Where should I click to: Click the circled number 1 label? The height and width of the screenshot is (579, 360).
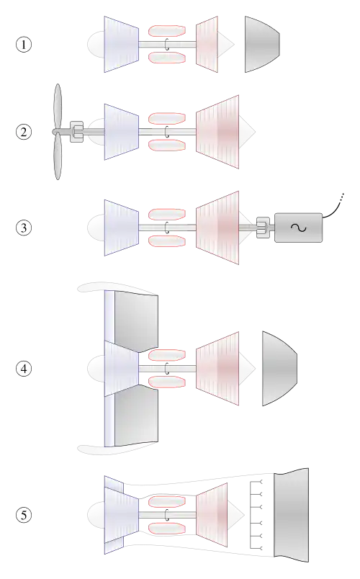(x=24, y=45)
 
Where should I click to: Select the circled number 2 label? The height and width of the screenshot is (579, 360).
(x=24, y=132)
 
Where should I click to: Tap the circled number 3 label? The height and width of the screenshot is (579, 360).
(x=24, y=228)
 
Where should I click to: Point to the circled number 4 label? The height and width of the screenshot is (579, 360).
(x=24, y=369)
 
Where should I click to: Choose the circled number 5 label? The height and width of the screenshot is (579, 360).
(x=24, y=515)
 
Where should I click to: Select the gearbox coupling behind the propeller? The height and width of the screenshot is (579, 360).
(x=77, y=132)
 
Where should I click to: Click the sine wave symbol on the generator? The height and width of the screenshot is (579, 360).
(x=298, y=228)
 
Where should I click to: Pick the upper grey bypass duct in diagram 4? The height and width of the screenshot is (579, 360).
(x=136, y=321)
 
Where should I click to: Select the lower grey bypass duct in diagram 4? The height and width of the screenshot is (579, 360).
(x=136, y=416)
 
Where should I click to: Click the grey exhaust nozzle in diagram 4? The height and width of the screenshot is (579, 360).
(x=279, y=369)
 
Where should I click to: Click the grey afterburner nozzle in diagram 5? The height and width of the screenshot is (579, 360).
(x=292, y=515)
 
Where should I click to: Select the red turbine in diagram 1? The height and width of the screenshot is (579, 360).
(x=207, y=45)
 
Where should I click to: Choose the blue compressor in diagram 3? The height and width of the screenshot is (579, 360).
(x=122, y=228)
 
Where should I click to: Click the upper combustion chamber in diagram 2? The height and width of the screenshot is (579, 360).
(x=167, y=119)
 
